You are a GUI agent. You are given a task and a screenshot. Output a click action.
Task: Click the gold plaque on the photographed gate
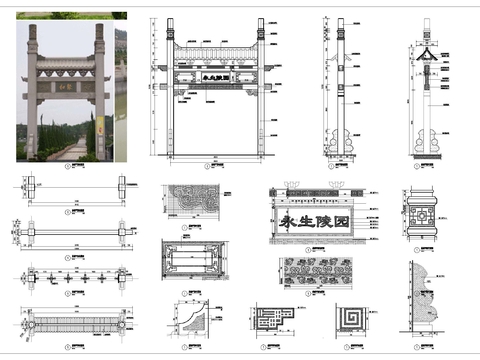coord(65,86)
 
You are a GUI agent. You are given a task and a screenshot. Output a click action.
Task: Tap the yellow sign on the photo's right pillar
coord(100,126)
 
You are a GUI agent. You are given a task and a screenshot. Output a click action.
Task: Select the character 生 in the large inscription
coord(313,222)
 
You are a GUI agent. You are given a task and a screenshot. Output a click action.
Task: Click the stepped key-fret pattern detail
coord(271,319)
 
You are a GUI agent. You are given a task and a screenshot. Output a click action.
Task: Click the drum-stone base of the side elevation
coord(347,142)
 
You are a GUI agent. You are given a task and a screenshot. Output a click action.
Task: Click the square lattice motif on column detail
coord(424,214)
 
